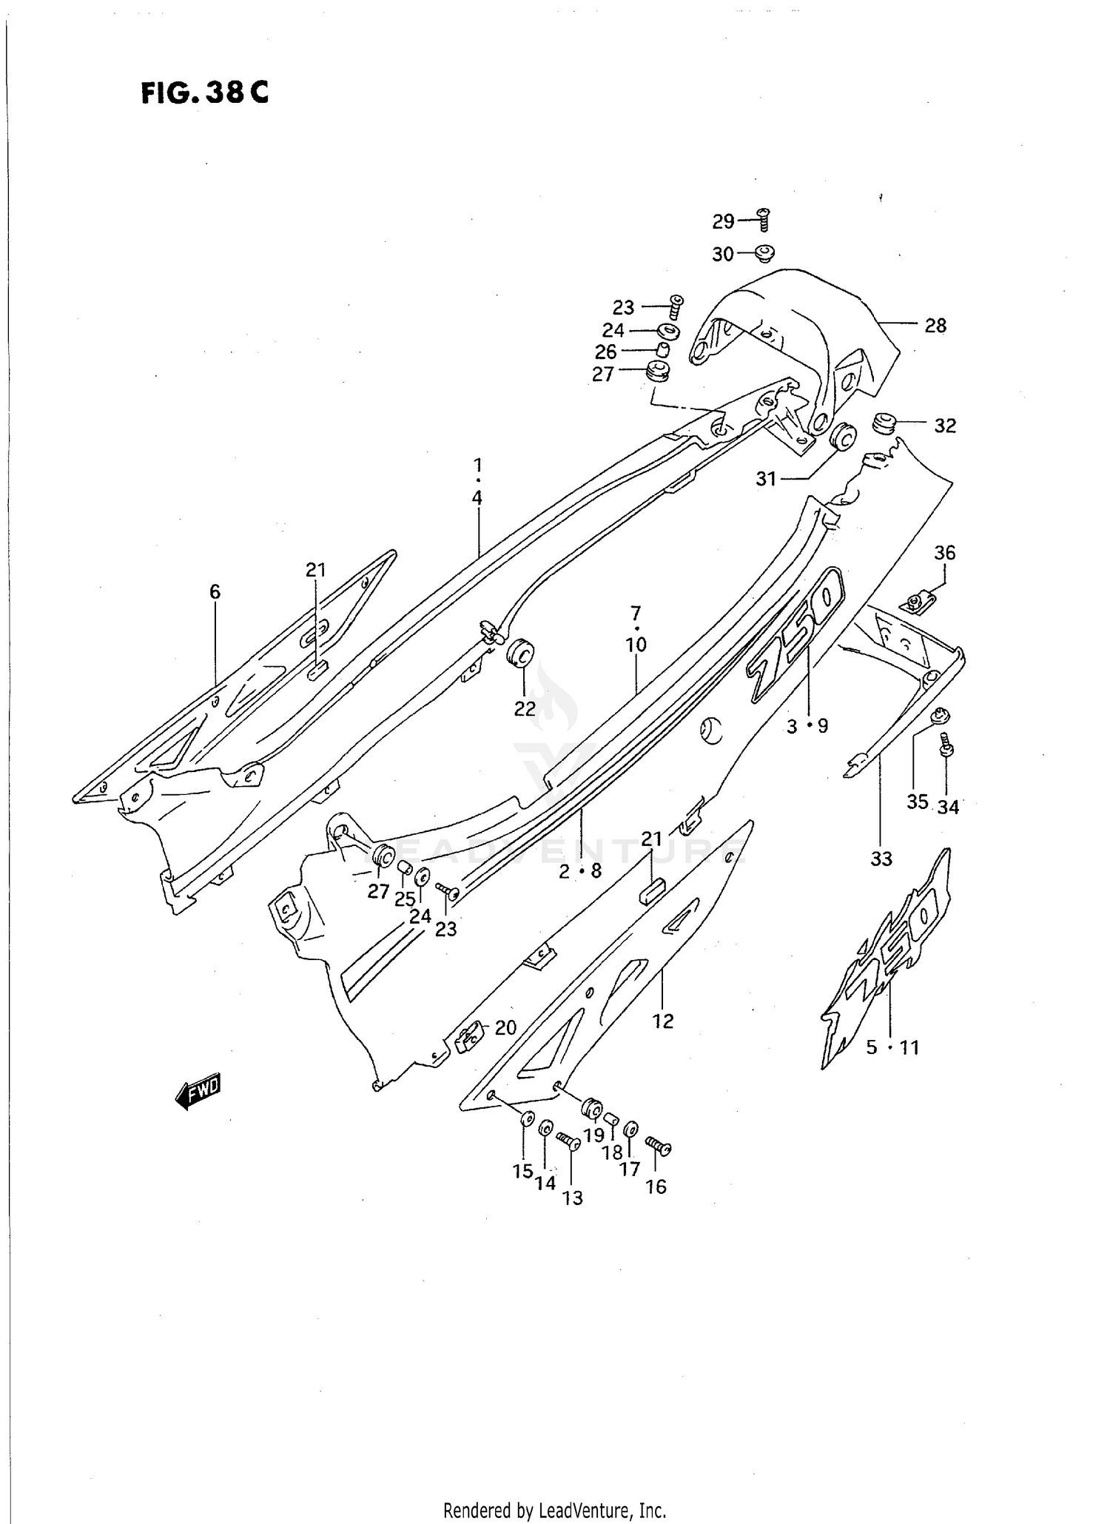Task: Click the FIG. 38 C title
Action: coord(205,94)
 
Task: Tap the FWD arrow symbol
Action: coord(198,1091)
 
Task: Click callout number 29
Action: coord(723,221)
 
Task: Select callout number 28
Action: coord(935,326)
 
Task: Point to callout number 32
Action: coord(945,426)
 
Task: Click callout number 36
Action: coord(944,553)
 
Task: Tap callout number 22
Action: coord(525,708)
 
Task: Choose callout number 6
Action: coord(215,591)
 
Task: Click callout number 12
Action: coord(663,1021)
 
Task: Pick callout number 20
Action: coord(505,1027)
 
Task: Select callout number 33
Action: coord(881,859)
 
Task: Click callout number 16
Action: coord(656,1187)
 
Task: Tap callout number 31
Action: coord(766,479)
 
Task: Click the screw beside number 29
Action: coord(764,219)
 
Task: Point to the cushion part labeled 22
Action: coord(520,653)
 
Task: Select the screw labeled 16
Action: coord(658,1146)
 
